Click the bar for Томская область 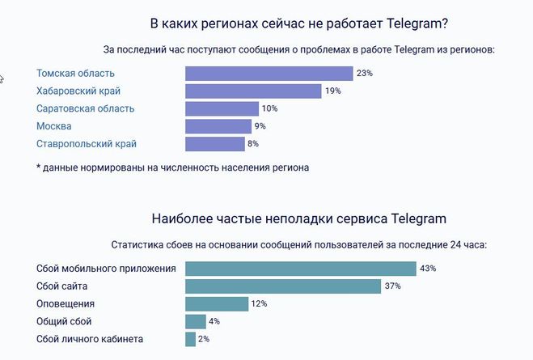pyautogui.click(x=269, y=74)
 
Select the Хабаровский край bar pyautogui.click(x=253, y=91)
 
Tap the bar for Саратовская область pyautogui.click(x=222, y=108)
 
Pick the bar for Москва pyautogui.click(x=218, y=126)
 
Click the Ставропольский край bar pyautogui.click(x=214, y=144)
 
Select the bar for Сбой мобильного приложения pyautogui.click(x=300, y=269)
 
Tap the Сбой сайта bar pyautogui.click(x=283, y=286)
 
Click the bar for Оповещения pyautogui.click(x=216, y=304)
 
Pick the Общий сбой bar pyautogui.click(x=195, y=321)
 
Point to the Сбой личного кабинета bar pyautogui.click(x=190, y=339)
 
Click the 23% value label pyautogui.click(x=364, y=74)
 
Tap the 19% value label pyautogui.click(x=332, y=91)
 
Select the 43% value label pyautogui.click(x=428, y=269)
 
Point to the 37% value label pyautogui.click(x=392, y=286)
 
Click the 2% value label pyautogui.click(x=204, y=339)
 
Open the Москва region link pyautogui.click(x=54, y=126)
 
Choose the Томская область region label pyautogui.click(x=75, y=74)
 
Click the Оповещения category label pyautogui.click(x=66, y=304)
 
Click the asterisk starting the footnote pyautogui.click(x=38, y=167)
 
